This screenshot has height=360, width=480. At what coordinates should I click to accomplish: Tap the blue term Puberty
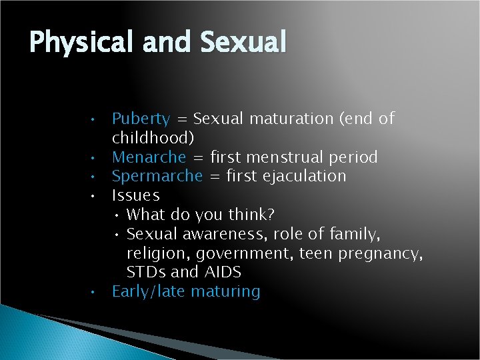[x=141, y=119]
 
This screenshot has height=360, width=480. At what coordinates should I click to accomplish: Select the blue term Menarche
[x=149, y=157]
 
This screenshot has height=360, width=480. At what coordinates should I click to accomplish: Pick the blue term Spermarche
[x=157, y=177]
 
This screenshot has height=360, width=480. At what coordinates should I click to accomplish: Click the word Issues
[x=136, y=196]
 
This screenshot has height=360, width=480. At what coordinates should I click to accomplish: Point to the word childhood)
[x=153, y=138]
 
